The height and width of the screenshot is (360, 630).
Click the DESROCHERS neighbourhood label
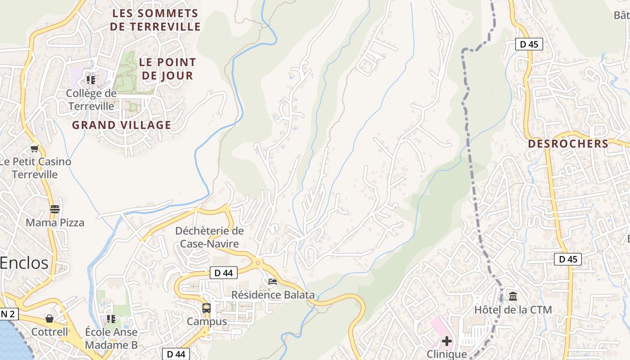(x=568, y=144)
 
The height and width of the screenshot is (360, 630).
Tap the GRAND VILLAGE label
(x=121, y=125)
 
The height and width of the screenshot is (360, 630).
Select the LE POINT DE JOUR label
(x=167, y=69)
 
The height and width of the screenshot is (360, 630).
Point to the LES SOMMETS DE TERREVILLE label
(x=155, y=20)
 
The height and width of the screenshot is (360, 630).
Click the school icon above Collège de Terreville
(x=91, y=80)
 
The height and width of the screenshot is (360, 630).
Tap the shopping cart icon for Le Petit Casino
(x=35, y=148)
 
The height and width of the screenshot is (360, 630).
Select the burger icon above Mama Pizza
(x=55, y=209)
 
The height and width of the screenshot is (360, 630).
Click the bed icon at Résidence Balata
(x=272, y=282)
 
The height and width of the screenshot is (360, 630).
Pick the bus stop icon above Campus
(x=207, y=308)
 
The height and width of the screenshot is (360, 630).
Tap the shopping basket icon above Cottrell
(x=49, y=319)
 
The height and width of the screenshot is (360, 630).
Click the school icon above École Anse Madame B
(x=111, y=319)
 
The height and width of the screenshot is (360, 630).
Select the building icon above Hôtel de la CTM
(x=513, y=296)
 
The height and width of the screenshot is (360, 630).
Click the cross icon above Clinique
(x=446, y=341)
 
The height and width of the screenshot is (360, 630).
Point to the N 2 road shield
(x=9, y=314)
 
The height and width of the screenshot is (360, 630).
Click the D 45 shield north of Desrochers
(x=529, y=44)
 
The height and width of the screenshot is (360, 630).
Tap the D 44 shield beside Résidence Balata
(x=223, y=273)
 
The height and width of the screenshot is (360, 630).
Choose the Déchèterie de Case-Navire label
(x=209, y=237)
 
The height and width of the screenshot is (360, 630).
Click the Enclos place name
(x=24, y=263)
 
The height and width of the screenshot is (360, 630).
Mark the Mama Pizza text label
(x=55, y=223)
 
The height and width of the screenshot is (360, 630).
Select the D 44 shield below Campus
(x=176, y=354)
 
